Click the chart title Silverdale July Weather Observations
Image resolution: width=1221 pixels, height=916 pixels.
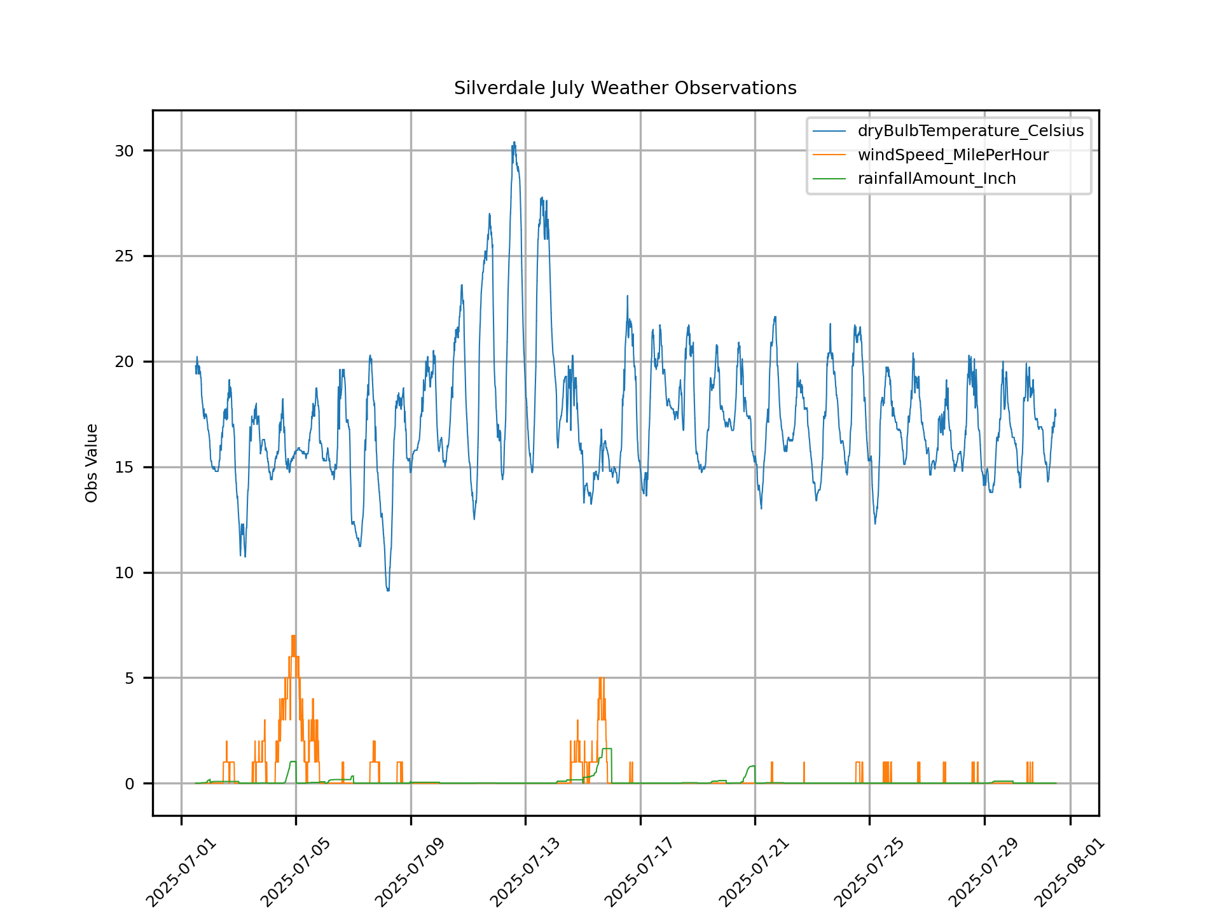(x=625, y=88)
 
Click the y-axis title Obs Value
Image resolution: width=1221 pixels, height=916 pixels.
(x=92, y=463)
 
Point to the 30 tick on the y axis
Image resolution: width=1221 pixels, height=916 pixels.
(x=125, y=151)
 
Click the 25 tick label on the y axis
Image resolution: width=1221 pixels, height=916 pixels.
(x=125, y=256)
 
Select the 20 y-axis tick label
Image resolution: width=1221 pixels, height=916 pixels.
(x=125, y=362)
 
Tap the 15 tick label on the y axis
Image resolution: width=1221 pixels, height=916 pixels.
(x=125, y=468)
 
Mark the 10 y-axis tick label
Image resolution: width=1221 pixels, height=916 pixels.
(x=125, y=573)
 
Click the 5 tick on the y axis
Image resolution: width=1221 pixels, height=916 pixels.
(x=130, y=679)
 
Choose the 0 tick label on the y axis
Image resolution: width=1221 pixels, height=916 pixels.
(x=130, y=784)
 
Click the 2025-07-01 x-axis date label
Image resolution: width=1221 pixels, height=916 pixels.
(x=181, y=873)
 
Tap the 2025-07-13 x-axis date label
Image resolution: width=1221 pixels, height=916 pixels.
(x=525, y=873)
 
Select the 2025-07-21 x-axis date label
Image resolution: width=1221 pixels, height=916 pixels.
(x=754, y=873)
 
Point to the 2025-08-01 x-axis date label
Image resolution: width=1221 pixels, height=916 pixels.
(x=1069, y=873)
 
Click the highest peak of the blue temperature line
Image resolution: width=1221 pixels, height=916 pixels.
(x=514, y=143)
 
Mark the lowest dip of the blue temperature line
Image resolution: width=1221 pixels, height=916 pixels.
(x=388, y=590)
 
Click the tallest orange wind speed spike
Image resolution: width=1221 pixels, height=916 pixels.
(x=293, y=636)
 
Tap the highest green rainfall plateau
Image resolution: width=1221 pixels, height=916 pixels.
(x=607, y=749)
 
